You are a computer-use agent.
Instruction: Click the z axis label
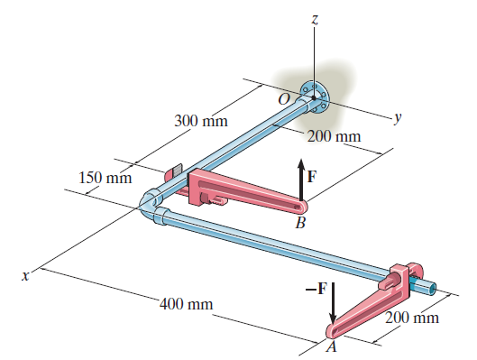(315, 20)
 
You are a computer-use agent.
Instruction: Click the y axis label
(398, 118)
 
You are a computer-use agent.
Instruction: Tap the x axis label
(26, 276)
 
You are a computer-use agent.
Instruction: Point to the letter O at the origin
(284, 99)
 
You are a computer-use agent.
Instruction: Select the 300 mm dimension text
(201, 121)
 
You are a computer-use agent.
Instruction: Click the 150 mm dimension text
(105, 178)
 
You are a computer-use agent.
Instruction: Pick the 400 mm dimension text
(186, 304)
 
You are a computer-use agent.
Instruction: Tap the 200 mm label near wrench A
(412, 318)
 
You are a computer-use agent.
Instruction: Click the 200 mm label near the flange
(334, 136)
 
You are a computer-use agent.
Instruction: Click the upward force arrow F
(301, 180)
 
